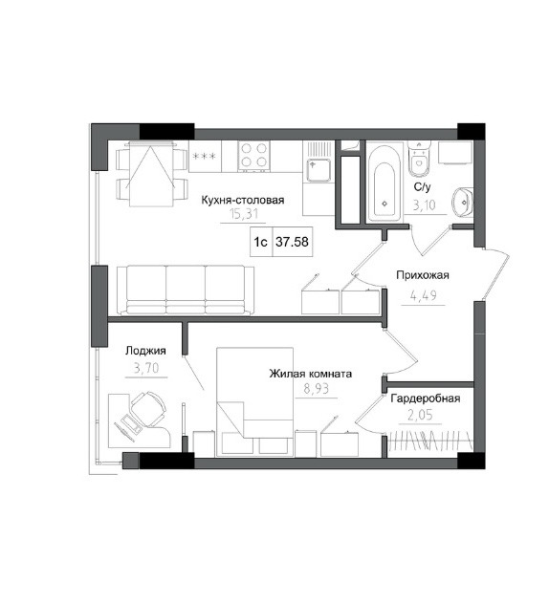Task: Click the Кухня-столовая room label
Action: (243, 200)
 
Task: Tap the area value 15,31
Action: (243, 213)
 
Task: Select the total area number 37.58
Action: (293, 242)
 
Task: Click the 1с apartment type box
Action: (261, 242)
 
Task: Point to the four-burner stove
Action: (253, 156)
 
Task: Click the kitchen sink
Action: (318, 170)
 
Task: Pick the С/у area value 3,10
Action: (425, 205)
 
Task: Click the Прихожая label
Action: (423, 275)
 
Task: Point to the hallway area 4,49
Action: (424, 295)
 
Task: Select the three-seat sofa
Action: (186, 290)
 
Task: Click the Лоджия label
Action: (145, 351)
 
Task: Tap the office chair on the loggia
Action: (148, 408)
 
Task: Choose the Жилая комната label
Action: (310, 374)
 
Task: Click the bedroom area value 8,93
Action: (316, 389)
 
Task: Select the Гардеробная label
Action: (426, 398)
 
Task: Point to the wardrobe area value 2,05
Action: (420, 416)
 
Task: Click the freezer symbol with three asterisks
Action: (205, 156)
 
